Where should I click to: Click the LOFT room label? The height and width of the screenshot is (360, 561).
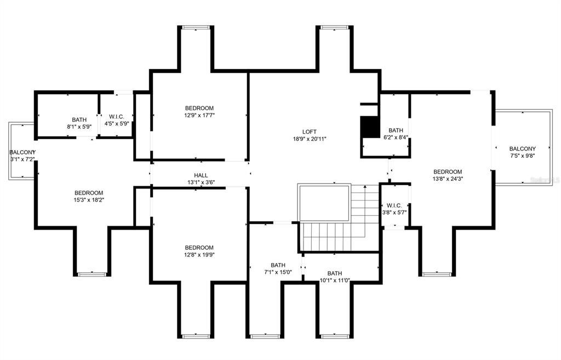pos(310,132)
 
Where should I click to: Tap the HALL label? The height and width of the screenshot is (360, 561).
pos(201,175)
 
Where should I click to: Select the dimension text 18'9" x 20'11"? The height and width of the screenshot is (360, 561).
pos(310,139)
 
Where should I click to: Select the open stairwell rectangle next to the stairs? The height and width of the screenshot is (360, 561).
pos(324,203)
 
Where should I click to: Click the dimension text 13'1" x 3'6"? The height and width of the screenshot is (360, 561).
pos(201,182)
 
